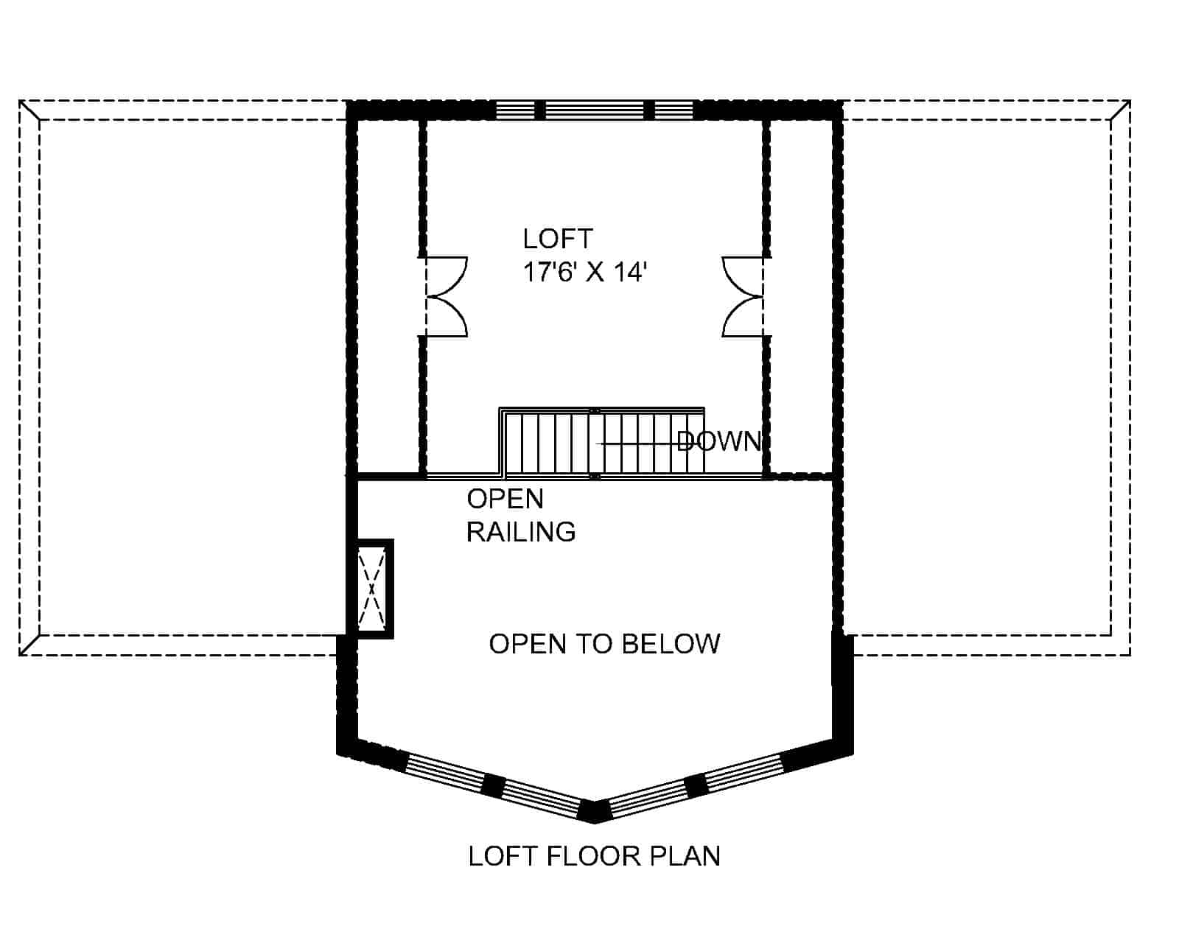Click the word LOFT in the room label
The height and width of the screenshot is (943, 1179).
[558, 239]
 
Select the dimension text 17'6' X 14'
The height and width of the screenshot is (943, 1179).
[585, 273]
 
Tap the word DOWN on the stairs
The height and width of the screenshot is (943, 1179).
[718, 441]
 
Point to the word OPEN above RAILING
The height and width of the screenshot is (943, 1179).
[505, 499]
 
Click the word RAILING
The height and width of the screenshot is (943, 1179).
[521, 531]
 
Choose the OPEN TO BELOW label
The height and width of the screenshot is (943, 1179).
[604, 644]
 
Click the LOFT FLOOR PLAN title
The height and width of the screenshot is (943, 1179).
[594, 856]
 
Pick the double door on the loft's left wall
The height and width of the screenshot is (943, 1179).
[446, 297]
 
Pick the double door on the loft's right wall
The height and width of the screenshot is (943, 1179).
[743, 297]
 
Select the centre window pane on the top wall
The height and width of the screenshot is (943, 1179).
[594, 111]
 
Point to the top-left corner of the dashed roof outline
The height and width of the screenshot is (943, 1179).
[20, 101]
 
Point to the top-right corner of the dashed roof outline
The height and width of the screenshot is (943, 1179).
[1130, 101]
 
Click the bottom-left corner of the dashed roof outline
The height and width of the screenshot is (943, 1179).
[20, 655]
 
